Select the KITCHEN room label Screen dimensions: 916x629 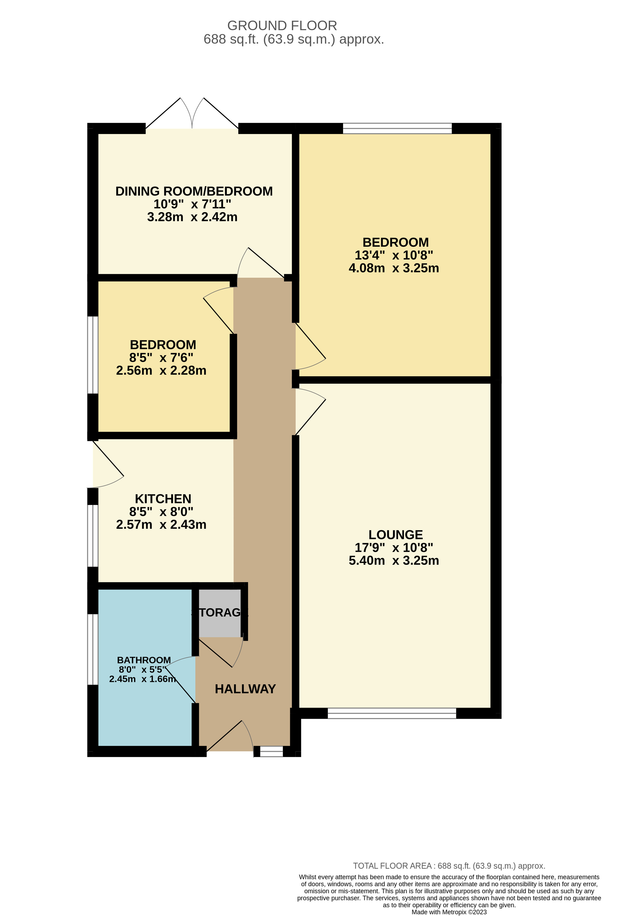pos(163,499)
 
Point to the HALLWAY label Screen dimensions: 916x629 pos(245,689)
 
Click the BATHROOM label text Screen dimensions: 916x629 pos(144,660)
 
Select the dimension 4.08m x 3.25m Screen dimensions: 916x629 pos(394,268)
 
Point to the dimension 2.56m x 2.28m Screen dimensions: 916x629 pos(161,371)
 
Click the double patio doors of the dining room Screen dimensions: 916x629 pos(192,118)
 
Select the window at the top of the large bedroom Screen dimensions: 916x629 pos(397,128)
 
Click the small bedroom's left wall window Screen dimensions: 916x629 pos(93,355)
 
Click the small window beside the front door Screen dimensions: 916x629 pos(271,751)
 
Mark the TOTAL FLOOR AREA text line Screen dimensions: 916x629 pos(449,866)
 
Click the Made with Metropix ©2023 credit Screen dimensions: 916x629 pos(449,912)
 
